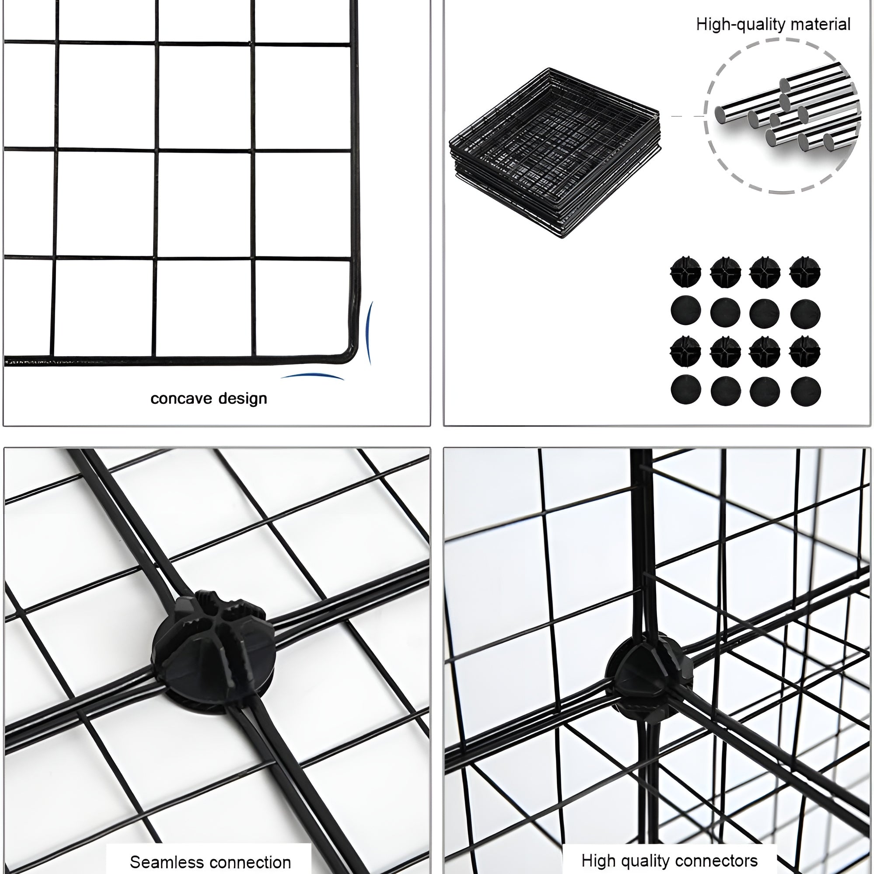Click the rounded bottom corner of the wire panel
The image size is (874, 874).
tap(349, 355)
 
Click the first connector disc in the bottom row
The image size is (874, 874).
tap(686, 390)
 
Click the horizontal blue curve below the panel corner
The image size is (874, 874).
tap(312, 375)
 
